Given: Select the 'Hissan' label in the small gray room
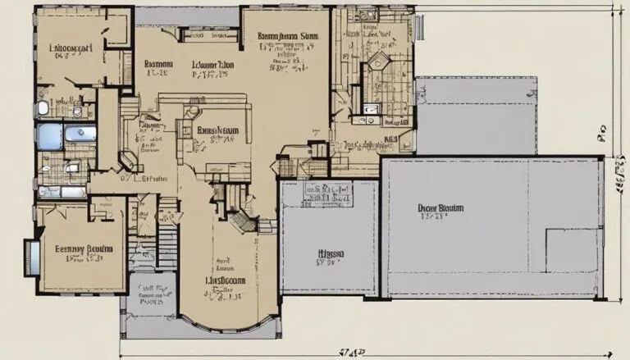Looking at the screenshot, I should [x=331, y=254].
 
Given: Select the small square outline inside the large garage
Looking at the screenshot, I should [x=579, y=251].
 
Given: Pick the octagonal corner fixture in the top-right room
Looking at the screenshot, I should [x=379, y=63].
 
